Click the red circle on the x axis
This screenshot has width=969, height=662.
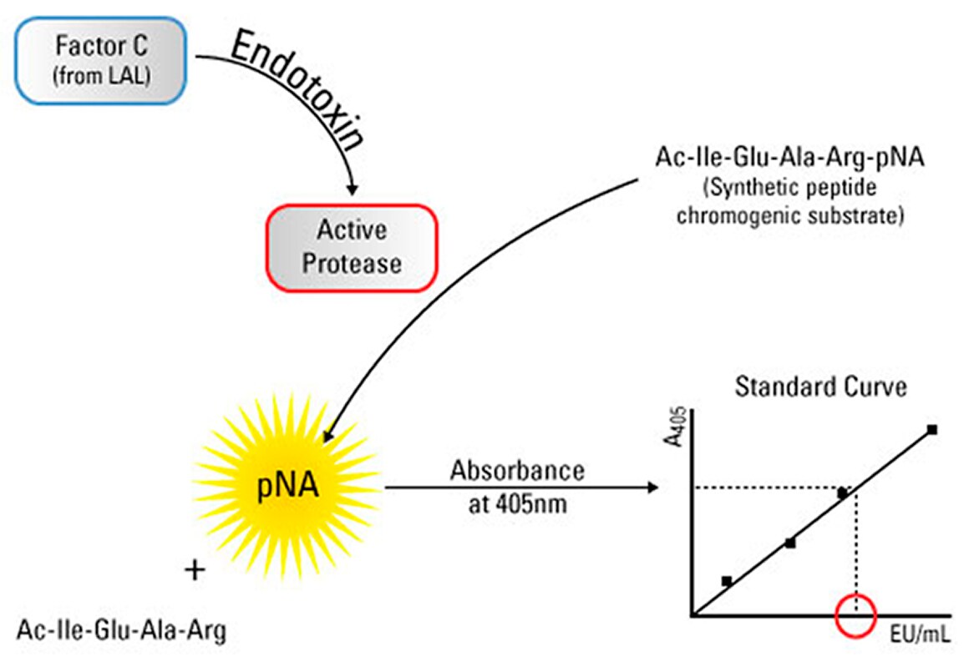click(x=855, y=614)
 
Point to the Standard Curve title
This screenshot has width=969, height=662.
click(x=820, y=387)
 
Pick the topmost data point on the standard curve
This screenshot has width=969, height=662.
click(x=931, y=430)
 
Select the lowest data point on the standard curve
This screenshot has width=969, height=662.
click(x=727, y=580)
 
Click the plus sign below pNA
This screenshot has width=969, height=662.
click(x=195, y=570)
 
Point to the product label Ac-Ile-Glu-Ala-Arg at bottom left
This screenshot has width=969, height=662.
click(x=121, y=630)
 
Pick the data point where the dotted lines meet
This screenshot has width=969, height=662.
click(x=843, y=493)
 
